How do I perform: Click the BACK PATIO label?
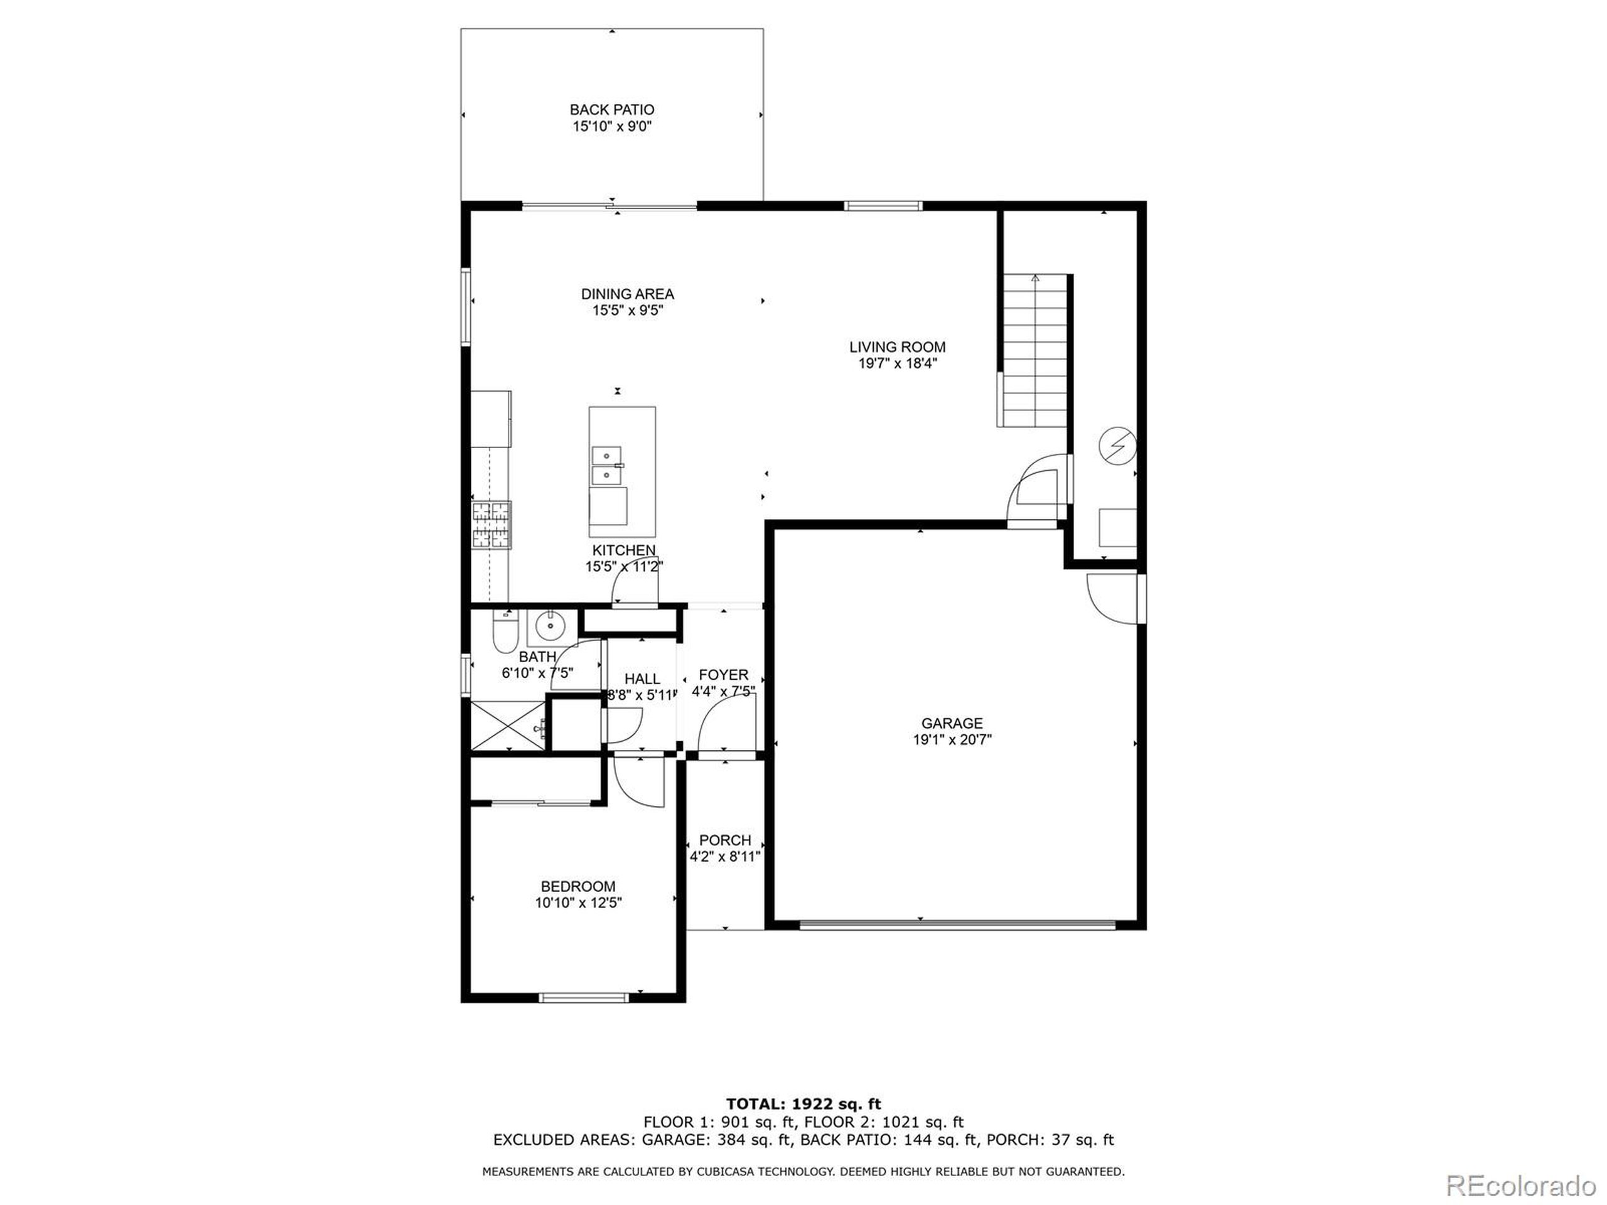(x=611, y=110)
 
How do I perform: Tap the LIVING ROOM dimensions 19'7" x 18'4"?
(x=897, y=364)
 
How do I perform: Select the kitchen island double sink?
(x=606, y=466)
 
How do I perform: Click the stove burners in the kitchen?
(x=492, y=525)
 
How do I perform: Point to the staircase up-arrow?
(x=1035, y=277)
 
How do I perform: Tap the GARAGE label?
(x=952, y=724)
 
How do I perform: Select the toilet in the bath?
(x=503, y=633)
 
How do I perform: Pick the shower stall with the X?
(x=507, y=725)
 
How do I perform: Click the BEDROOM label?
(x=578, y=886)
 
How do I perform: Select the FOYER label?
(x=723, y=675)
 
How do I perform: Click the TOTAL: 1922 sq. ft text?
(x=803, y=1105)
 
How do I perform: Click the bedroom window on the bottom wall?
(x=583, y=998)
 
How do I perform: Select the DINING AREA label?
(x=627, y=294)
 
